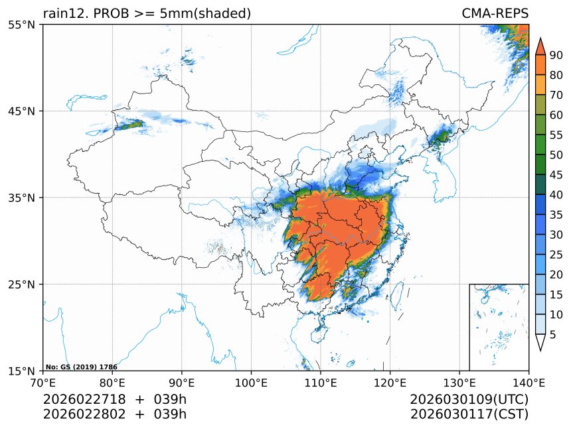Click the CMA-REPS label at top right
495,13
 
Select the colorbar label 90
556,56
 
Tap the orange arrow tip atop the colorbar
540,44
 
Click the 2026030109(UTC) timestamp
469,400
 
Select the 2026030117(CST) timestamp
469,414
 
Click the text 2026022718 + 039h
114,400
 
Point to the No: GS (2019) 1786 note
81,367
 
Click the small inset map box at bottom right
499,327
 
